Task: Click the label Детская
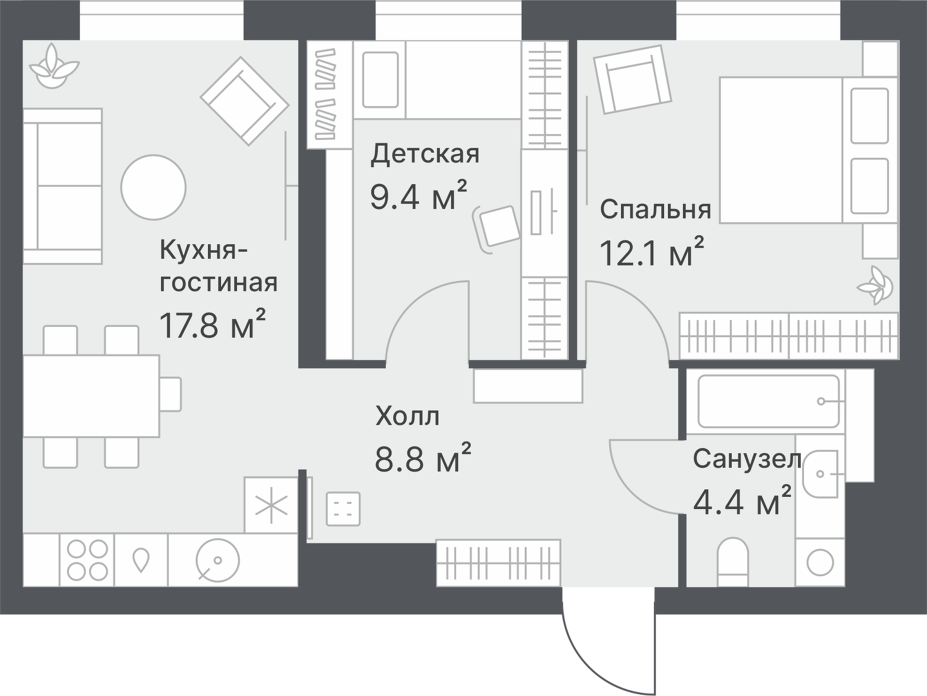click(x=425, y=155)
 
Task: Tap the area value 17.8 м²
click(x=213, y=325)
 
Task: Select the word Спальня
click(x=655, y=209)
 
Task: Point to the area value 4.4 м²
click(x=742, y=501)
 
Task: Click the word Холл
click(x=408, y=416)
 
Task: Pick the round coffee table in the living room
click(x=154, y=187)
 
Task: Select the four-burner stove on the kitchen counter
click(x=88, y=559)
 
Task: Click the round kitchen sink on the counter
click(x=218, y=559)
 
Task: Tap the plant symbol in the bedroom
click(x=875, y=285)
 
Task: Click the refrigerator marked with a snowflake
click(x=271, y=506)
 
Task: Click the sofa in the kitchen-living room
click(x=62, y=186)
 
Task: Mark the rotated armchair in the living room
click(x=244, y=101)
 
